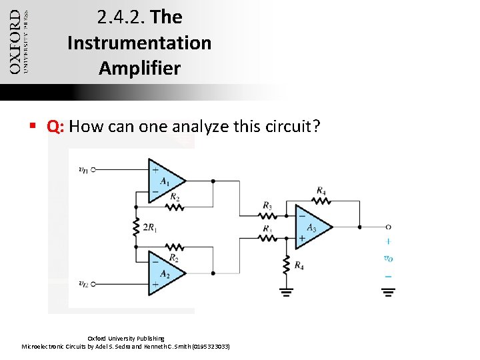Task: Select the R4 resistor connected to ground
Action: (286, 265)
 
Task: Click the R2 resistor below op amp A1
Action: (175, 206)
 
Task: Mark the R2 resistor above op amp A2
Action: (175, 247)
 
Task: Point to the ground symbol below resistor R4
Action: (286, 291)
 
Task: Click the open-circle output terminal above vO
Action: (388, 227)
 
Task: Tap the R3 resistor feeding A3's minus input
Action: (267, 215)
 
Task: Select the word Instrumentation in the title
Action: (139, 43)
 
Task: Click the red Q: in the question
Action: (55, 127)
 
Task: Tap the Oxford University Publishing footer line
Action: (126, 339)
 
